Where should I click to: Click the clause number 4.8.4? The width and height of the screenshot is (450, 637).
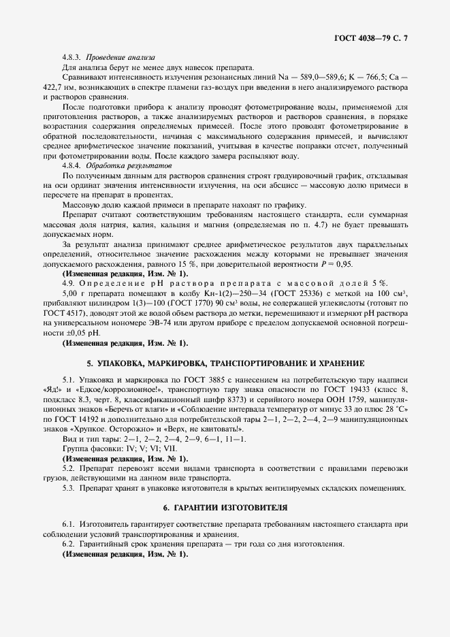tap(72, 166)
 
